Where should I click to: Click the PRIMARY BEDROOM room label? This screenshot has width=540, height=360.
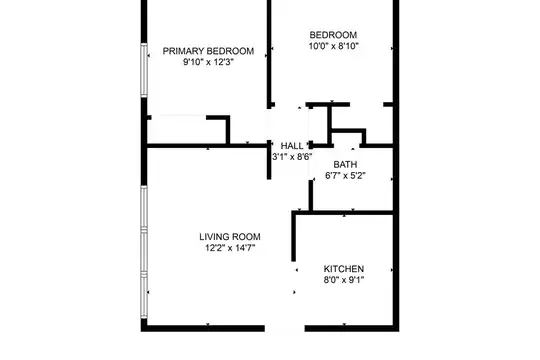click(x=208, y=51)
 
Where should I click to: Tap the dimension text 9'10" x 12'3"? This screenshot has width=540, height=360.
click(x=208, y=62)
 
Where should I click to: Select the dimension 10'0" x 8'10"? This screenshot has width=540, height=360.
click(x=333, y=46)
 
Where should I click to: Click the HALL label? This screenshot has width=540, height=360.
click(x=292, y=146)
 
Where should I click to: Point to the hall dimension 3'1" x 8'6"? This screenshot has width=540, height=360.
click(x=292, y=157)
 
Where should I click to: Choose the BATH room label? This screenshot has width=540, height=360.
click(x=345, y=164)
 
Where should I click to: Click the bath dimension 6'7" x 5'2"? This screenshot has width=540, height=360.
click(x=345, y=176)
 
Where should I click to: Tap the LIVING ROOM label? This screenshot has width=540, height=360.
click(x=230, y=237)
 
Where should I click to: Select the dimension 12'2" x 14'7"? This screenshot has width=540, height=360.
click(x=230, y=248)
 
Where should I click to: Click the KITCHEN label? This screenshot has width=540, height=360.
click(x=344, y=269)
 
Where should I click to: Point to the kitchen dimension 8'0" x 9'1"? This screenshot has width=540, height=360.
click(x=344, y=280)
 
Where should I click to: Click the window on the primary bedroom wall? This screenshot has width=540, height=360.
click(x=144, y=70)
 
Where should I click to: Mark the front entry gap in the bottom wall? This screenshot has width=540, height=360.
click(x=284, y=328)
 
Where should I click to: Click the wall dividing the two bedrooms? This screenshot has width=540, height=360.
click(x=269, y=53)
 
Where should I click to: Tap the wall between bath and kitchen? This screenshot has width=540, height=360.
click(x=343, y=213)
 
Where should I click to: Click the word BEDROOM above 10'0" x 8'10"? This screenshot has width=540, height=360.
click(x=333, y=35)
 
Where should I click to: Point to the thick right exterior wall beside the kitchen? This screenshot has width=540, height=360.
click(x=396, y=269)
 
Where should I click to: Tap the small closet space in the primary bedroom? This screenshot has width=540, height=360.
click(x=187, y=131)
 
